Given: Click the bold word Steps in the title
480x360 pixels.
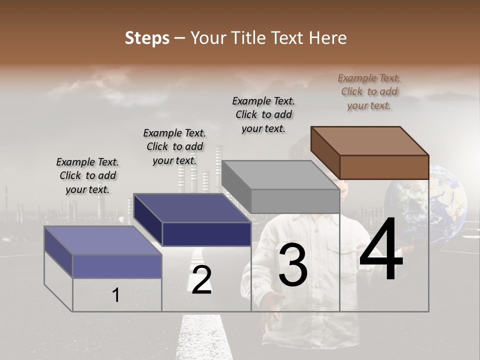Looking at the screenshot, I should coord(146,38).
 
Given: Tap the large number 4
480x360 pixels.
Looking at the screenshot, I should coord(381,250).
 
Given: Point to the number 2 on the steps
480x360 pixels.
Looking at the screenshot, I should coord(201,280).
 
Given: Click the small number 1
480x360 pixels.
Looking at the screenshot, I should coord(115,295).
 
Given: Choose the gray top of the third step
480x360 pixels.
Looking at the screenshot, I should coord(280,175).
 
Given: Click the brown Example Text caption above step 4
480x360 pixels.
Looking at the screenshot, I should coord(369,91).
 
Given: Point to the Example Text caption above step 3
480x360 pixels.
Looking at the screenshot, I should coord(263,114).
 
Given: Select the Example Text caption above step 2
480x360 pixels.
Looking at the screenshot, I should coord(174,146).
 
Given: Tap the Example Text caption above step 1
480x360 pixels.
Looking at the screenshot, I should coord(87,175).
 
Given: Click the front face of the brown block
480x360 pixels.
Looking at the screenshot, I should coord(384,167).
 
